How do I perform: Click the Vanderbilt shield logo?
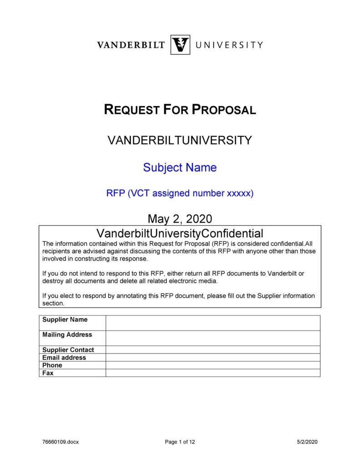[x=180, y=45]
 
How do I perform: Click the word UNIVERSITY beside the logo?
[x=229, y=45]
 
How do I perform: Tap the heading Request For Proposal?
[x=180, y=109]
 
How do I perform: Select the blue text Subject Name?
[x=180, y=167]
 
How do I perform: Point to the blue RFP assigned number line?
[x=180, y=193]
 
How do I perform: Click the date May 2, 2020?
[x=180, y=218]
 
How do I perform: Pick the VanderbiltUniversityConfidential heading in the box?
[x=180, y=233]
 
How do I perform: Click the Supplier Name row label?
[x=65, y=319]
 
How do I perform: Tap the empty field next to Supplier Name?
[x=213, y=322]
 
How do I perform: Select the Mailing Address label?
[x=67, y=334]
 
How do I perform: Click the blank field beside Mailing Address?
[x=213, y=338]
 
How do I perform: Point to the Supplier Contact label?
[x=68, y=350]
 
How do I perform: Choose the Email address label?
[x=64, y=357]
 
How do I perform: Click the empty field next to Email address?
[x=213, y=357]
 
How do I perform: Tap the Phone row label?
[x=52, y=365]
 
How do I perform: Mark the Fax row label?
[x=48, y=373]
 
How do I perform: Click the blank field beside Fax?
[x=213, y=373]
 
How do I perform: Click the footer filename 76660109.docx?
[x=60, y=441]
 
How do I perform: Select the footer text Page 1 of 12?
[x=180, y=441]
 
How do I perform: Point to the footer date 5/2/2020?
[x=307, y=441]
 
